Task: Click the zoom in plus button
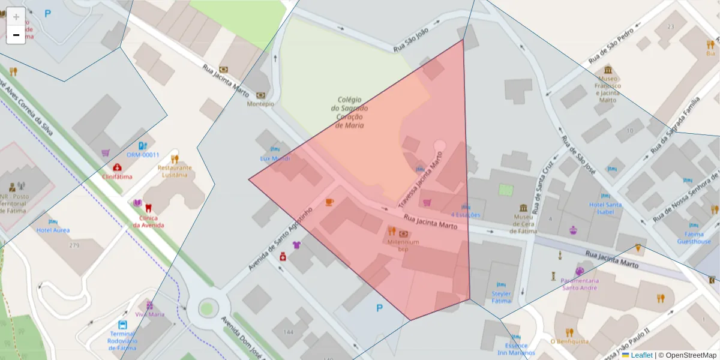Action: click(16, 16)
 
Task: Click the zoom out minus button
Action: click(16, 35)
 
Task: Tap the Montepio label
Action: click(260, 103)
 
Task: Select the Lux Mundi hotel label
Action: click(275, 158)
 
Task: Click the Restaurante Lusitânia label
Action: click(175, 171)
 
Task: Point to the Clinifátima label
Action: click(117, 176)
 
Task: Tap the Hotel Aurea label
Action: click(53, 230)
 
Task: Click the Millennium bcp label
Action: click(403, 245)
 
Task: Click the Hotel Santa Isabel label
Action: click(605, 208)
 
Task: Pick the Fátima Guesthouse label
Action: click(694, 238)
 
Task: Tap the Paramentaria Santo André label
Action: click(580, 284)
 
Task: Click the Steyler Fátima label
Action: click(502, 297)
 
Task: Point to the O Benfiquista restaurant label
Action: click(569, 341)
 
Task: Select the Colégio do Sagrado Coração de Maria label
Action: click(349, 112)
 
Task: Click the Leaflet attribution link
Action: click(641, 355)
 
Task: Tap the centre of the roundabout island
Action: click(206, 308)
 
